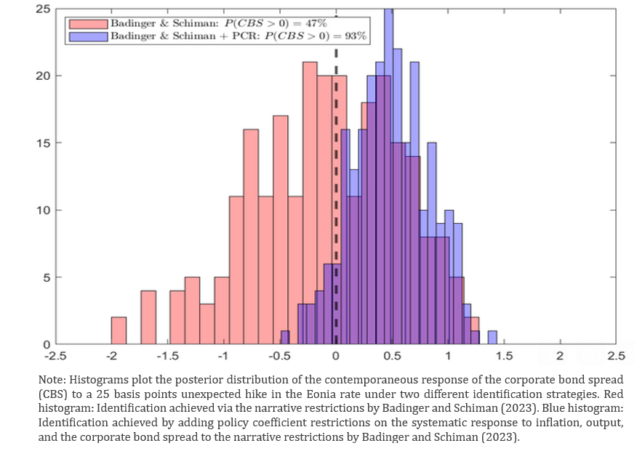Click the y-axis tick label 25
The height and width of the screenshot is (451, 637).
pyautogui.click(x=42, y=9)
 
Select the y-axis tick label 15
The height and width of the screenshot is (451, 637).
pyautogui.click(x=42, y=143)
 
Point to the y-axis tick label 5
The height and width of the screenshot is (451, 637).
pyautogui.click(x=46, y=277)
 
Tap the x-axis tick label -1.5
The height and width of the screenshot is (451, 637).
pyautogui.click(x=168, y=357)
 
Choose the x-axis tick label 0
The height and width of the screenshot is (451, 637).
pyautogui.click(x=336, y=357)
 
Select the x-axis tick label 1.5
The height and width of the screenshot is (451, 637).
pyautogui.click(x=504, y=357)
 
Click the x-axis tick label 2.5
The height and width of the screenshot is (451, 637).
pyautogui.click(x=616, y=357)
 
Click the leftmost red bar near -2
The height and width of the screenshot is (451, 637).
pyautogui.click(x=119, y=330)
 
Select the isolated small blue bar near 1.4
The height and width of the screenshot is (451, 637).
pyautogui.click(x=492, y=338)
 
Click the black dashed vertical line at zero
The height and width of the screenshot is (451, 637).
pyautogui.click(x=336, y=109)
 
